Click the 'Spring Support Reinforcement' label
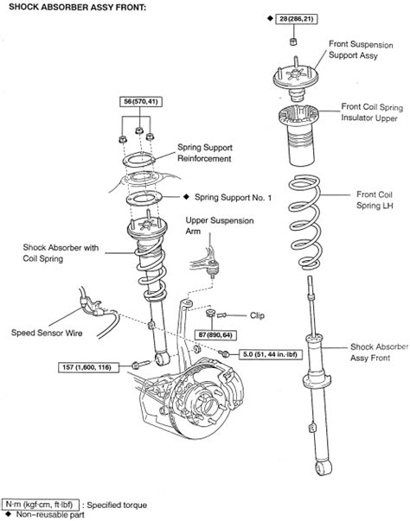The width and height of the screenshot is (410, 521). pos(205,153)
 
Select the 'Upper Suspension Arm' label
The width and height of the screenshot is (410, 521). pos(220,226)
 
